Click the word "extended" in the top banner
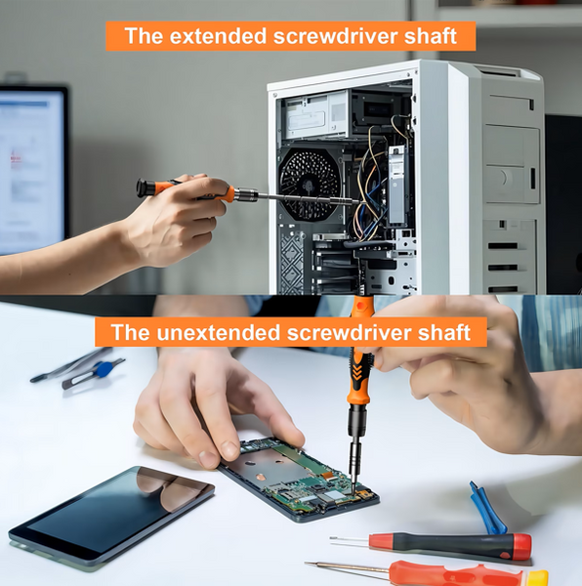tap(218, 36)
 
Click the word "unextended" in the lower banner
tap(218, 332)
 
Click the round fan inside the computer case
tap(309, 184)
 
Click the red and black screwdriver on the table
tap(430, 546)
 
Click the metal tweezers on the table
tap(71, 364)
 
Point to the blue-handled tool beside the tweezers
tap(94, 373)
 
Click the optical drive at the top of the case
tap(315, 115)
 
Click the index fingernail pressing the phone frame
tap(209, 458)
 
